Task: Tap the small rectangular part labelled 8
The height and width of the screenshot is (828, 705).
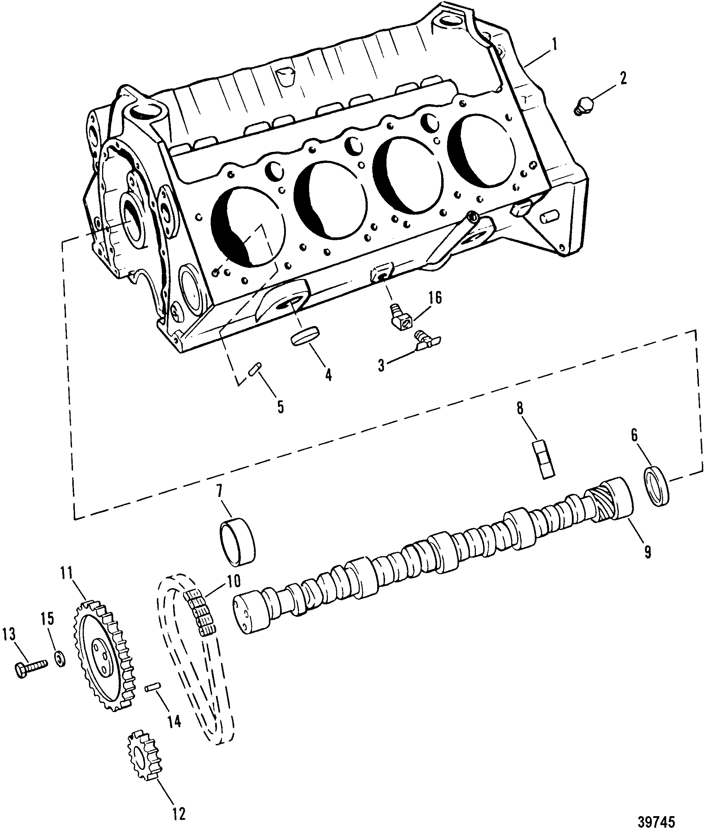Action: (544, 459)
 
